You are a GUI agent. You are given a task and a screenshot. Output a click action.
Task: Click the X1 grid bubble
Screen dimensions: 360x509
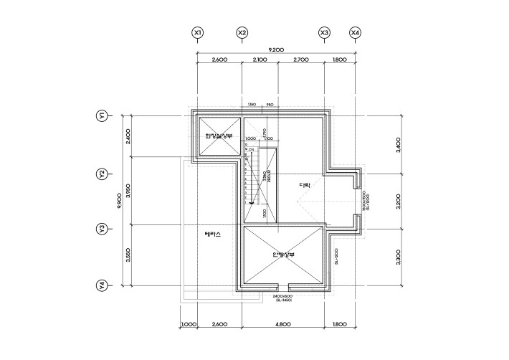(198, 33)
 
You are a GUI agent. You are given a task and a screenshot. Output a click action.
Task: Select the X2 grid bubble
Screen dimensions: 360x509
(242, 33)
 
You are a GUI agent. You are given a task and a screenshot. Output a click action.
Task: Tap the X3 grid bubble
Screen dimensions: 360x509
(324, 33)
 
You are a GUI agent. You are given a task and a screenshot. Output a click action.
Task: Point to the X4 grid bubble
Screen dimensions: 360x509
(356, 33)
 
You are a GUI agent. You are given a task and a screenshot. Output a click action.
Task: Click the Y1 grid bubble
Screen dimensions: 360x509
(103, 115)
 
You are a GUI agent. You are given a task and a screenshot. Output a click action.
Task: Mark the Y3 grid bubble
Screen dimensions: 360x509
(103, 229)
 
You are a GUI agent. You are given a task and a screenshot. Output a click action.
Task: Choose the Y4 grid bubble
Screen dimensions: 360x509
(103, 285)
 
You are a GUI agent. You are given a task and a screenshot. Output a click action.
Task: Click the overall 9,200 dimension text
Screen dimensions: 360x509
(276, 49)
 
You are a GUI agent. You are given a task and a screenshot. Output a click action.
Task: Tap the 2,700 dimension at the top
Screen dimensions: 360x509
(301, 60)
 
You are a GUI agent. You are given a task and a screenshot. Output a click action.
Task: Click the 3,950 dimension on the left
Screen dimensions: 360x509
(128, 191)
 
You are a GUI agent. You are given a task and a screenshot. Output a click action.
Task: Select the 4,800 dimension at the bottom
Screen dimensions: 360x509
(283, 325)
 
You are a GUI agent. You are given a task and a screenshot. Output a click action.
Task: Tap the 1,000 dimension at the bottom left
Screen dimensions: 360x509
(189, 325)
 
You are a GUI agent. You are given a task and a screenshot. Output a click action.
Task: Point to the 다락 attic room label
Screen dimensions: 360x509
(305, 186)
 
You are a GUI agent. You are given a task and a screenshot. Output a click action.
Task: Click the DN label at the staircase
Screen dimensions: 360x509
(252, 149)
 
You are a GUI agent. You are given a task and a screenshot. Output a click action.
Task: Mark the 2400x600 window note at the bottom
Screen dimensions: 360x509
(282, 295)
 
